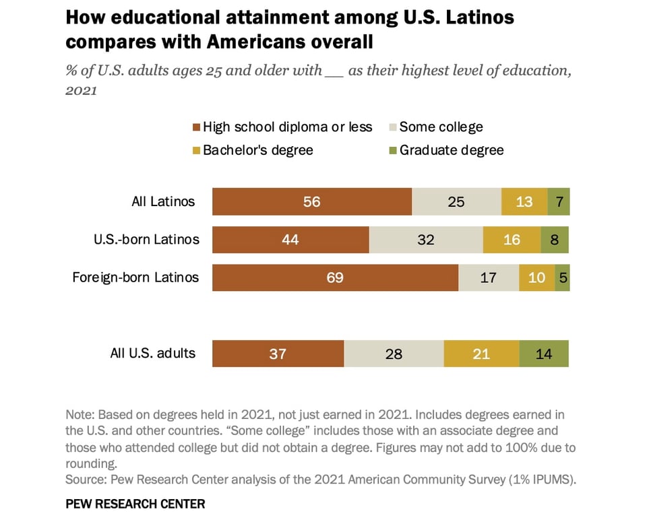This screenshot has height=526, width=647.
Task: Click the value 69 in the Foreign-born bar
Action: point(335,277)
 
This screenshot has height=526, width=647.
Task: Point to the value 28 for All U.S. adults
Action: point(394,354)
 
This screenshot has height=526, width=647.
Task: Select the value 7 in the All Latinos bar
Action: point(559,201)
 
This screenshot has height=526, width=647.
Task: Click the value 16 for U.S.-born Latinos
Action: point(512,240)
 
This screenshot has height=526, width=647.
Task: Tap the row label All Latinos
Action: point(163,201)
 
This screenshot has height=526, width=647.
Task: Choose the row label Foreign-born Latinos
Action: point(135,277)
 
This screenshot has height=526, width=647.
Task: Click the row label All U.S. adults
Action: point(152,353)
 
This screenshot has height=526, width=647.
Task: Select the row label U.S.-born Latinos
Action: point(146,239)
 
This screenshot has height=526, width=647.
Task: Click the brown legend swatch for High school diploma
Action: point(196,127)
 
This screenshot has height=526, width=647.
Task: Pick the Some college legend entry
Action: point(441,127)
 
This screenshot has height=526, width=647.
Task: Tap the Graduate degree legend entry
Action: point(451,150)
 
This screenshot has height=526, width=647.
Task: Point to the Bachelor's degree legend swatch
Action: point(196,151)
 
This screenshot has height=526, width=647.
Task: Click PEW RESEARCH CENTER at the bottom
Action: point(135,504)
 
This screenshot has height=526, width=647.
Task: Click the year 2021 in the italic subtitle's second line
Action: point(81,90)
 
